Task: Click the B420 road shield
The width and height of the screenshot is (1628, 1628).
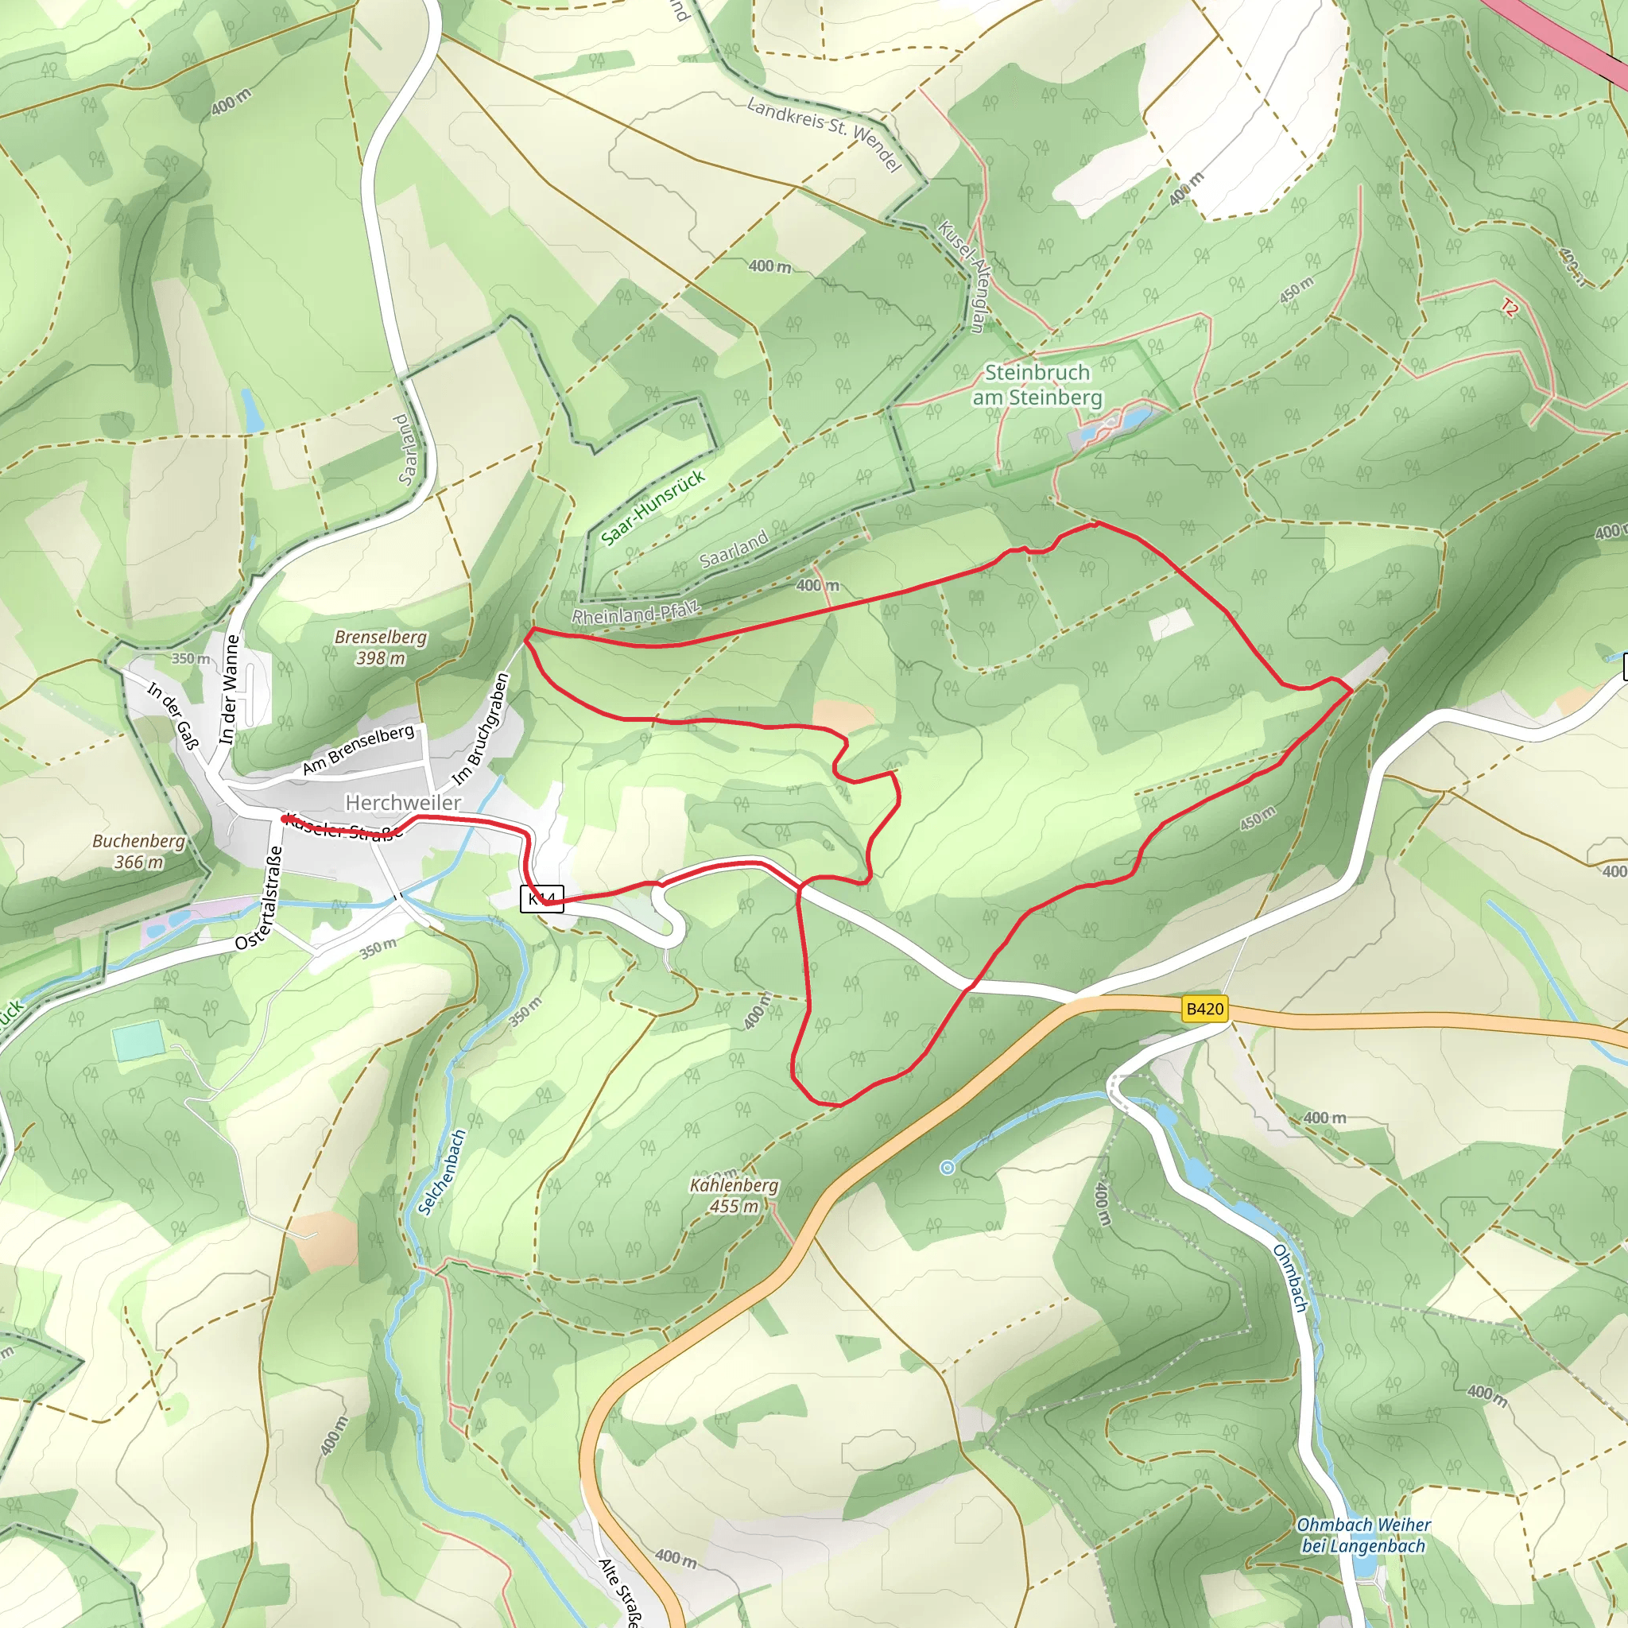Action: (x=1204, y=1009)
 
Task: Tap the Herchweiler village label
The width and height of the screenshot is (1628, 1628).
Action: (x=403, y=802)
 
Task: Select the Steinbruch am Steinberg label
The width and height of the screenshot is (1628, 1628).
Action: (x=1037, y=384)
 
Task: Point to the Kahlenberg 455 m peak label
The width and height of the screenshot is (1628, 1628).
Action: (x=734, y=1196)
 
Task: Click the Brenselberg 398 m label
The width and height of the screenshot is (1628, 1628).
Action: (x=380, y=647)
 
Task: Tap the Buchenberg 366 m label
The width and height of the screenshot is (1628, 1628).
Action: (x=138, y=851)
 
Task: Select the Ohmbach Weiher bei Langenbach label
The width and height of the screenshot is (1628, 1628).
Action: (x=1362, y=1535)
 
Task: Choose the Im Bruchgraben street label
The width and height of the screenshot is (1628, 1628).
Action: (x=480, y=729)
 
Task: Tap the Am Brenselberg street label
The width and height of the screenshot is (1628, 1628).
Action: (x=359, y=749)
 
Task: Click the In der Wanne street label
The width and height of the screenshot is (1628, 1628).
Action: (x=229, y=689)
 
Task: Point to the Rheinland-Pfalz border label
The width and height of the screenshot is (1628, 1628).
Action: (x=635, y=614)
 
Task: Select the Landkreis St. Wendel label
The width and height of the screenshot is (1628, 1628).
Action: (x=824, y=133)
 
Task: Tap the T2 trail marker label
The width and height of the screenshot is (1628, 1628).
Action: (x=1510, y=308)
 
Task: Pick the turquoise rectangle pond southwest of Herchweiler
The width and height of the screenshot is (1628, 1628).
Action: (x=139, y=1041)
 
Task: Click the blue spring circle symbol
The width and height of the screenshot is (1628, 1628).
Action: (x=947, y=1167)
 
